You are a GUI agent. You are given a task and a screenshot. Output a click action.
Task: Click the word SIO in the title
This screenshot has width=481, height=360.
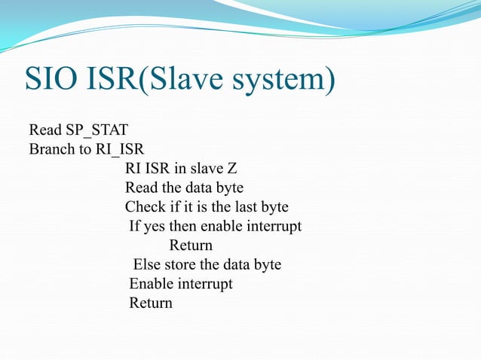[x=52, y=80]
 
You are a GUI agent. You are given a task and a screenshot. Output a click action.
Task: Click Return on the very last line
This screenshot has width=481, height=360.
[x=151, y=304]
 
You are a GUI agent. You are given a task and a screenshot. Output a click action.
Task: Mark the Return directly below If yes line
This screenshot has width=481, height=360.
[x=191, y=246]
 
